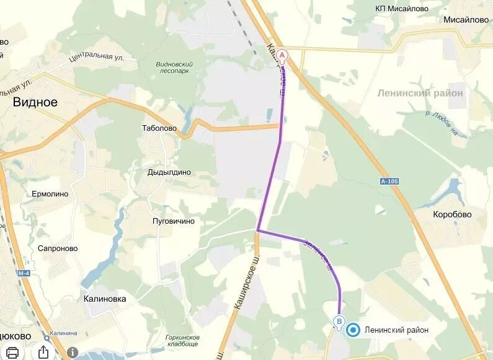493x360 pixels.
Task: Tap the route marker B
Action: (x=339, y=322)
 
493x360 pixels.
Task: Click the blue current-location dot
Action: (x=353, y=330)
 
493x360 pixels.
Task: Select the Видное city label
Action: (x=35, y=102)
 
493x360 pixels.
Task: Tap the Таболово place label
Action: (x=159, y=128)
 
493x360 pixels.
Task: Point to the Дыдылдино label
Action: (x=169, y=172)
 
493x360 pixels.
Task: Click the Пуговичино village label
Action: (x=174, y=221)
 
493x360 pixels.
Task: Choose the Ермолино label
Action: (x=50, y=194)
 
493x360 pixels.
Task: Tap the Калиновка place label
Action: (x=105, y=299)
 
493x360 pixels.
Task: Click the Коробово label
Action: (x=452, y=214)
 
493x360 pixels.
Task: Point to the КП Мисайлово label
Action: (x=402, y=8)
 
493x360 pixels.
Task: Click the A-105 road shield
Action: (x=389, y=180)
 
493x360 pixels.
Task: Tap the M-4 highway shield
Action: (x=24, y=273)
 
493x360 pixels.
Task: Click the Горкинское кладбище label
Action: (x=182, y=340)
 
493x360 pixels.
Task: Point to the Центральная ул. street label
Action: (x=97, y=58)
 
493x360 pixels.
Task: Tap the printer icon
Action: (x=12, y=352)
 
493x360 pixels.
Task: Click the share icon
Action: (x=43, y=351)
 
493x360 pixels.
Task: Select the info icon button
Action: (x=73, y=352)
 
